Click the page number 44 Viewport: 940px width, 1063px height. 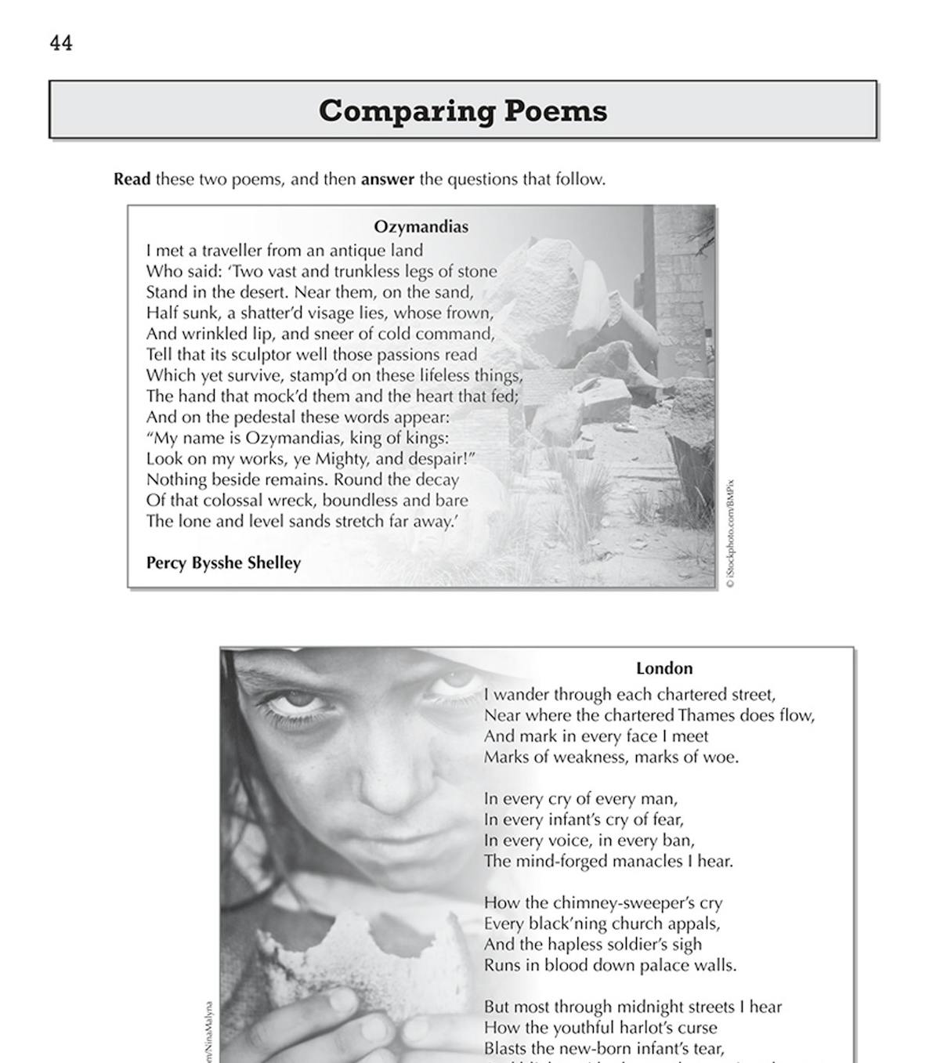point(61,43)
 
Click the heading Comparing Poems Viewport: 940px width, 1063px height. point(462,110)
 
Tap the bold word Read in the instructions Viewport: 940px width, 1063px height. point(132,179)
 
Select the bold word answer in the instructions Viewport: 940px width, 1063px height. point(387,179)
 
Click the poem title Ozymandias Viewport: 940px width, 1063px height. point(421,227)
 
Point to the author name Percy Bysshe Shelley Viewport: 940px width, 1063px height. point(223,562)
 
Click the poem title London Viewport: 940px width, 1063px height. point(664,668)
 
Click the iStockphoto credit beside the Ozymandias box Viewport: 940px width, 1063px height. point(729,533)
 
